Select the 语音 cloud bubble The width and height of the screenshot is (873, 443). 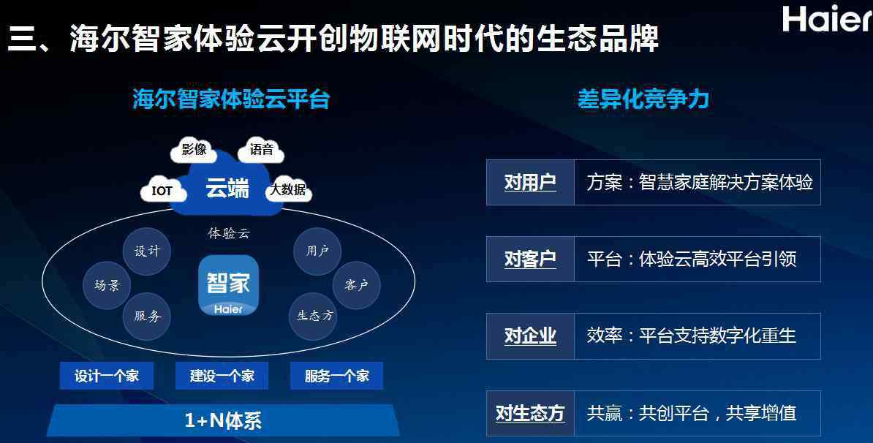pos(261,150)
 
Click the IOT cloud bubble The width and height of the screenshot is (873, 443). pos(162,191)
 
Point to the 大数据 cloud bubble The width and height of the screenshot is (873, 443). pos(288,190)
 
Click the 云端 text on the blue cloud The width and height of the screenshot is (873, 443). pos(227,188)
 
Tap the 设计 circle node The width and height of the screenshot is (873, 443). pos(147,251)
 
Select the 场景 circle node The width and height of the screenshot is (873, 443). pos(107,286)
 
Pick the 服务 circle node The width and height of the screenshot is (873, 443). pos(147,317)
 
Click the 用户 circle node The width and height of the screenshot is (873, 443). pos(317,251)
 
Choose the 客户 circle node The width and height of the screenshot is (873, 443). pos(356,286)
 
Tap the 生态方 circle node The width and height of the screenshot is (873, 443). pos(314,317)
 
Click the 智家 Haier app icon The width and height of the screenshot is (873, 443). pos(228,286)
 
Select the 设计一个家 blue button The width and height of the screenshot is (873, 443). pos(106,376)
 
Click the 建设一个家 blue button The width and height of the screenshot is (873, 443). pos(222,376)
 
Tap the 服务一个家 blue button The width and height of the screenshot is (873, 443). pos(337,376)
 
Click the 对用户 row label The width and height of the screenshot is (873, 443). pos(530,183)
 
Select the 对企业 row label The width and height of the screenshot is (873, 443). pos(530,336)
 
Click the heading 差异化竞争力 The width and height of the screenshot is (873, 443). pos(643,99)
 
